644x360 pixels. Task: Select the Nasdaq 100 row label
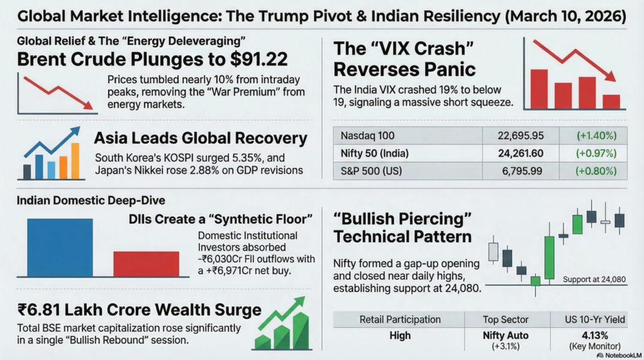368,135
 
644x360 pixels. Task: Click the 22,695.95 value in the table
519,135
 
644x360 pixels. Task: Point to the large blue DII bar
60,247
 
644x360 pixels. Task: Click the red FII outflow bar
146,264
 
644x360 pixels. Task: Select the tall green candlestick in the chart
549,257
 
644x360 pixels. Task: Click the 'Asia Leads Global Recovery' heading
200,138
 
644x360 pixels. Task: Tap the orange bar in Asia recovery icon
75,161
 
